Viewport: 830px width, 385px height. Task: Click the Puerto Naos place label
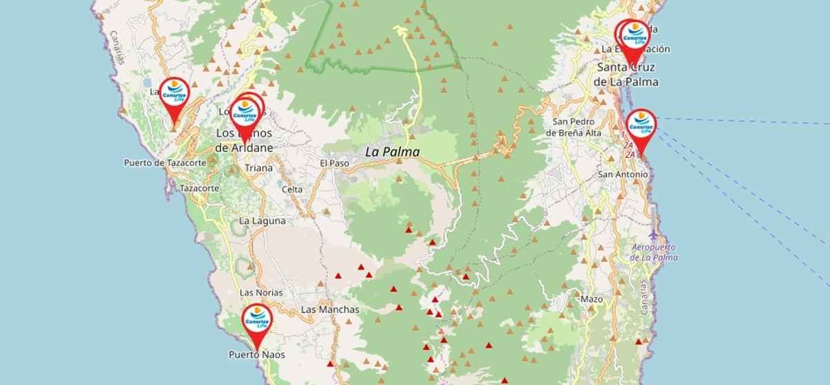point(256,355)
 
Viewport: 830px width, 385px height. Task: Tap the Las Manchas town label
point(330,310)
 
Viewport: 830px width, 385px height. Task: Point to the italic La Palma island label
point(392,151)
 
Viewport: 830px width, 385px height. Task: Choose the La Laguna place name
point(262,220)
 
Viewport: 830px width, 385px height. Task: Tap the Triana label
point(258,168)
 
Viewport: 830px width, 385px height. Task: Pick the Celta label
point(292,189)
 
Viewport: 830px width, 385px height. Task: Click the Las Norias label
point(261,292)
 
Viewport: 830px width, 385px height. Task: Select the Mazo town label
point(592,299)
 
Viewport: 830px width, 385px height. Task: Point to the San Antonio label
point(623,174)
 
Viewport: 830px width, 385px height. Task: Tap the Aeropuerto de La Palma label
point(654,252)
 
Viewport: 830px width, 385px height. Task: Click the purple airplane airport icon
point(654,233)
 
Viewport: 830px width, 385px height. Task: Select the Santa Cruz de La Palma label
point(625,75)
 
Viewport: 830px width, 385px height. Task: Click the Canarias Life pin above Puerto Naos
point(257,319)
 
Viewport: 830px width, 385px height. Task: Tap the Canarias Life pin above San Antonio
point(641,125)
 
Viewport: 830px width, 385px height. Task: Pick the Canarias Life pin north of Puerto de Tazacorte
point(174,94)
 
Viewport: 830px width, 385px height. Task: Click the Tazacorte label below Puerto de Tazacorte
point(199,188)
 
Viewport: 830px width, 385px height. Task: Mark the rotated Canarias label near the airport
point(644,297)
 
